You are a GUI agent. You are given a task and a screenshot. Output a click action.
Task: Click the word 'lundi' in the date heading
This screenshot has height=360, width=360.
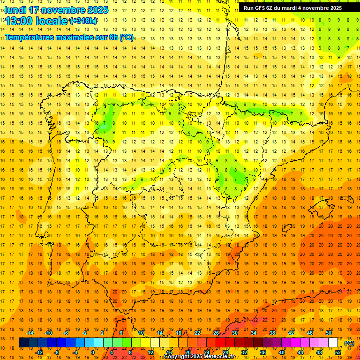tap(15, 9)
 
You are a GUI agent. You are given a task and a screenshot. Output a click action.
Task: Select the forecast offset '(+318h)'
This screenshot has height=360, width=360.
tap(83, 21)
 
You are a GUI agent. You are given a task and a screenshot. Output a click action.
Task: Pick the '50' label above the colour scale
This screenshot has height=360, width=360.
tap(329, 333)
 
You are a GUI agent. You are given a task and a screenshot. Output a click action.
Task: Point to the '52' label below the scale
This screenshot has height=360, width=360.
tap(338, 352)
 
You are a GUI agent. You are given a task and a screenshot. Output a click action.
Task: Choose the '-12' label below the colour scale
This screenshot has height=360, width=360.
tap(39, 352)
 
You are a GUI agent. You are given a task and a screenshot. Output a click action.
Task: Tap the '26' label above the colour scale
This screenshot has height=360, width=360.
tap(216, 333)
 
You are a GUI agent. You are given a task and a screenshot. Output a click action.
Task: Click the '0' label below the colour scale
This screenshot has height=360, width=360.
tap(93, 352)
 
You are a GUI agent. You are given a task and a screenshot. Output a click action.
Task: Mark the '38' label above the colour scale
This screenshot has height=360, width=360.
tap(272, 333)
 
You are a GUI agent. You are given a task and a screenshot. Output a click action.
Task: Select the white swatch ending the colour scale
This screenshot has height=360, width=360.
tap(333, 343)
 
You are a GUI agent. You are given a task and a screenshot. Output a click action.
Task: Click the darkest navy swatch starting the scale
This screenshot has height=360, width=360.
tap(23, 343)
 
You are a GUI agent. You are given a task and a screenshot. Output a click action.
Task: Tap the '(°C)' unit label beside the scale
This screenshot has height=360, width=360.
tap(349, 343)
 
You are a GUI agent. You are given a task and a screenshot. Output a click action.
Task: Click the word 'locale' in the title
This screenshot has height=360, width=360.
tap(50, 21)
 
